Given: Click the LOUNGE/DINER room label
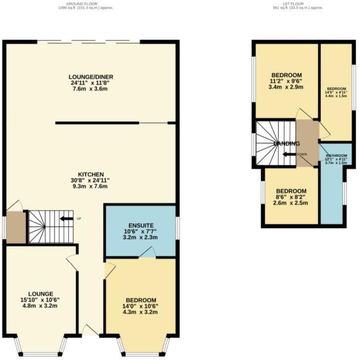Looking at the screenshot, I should coord(91,77).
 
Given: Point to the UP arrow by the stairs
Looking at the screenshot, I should coord(66,218).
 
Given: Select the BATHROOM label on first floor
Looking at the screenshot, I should coord(336,156).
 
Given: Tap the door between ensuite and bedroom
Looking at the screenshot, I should coord(147,253).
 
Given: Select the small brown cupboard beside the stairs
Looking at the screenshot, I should coord(16,227).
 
